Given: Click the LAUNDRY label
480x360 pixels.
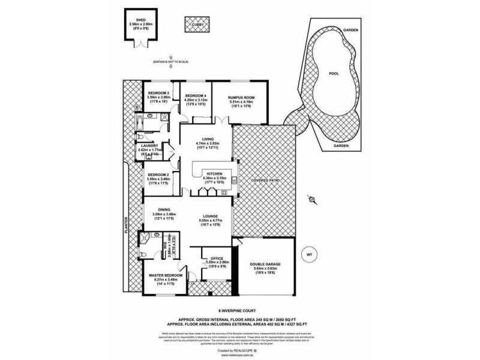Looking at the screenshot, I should click(x=147, y=145).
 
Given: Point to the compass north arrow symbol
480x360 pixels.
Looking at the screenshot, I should click(x=311, y=198).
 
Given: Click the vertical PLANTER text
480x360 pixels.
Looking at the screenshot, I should click(x=127, y=234).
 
